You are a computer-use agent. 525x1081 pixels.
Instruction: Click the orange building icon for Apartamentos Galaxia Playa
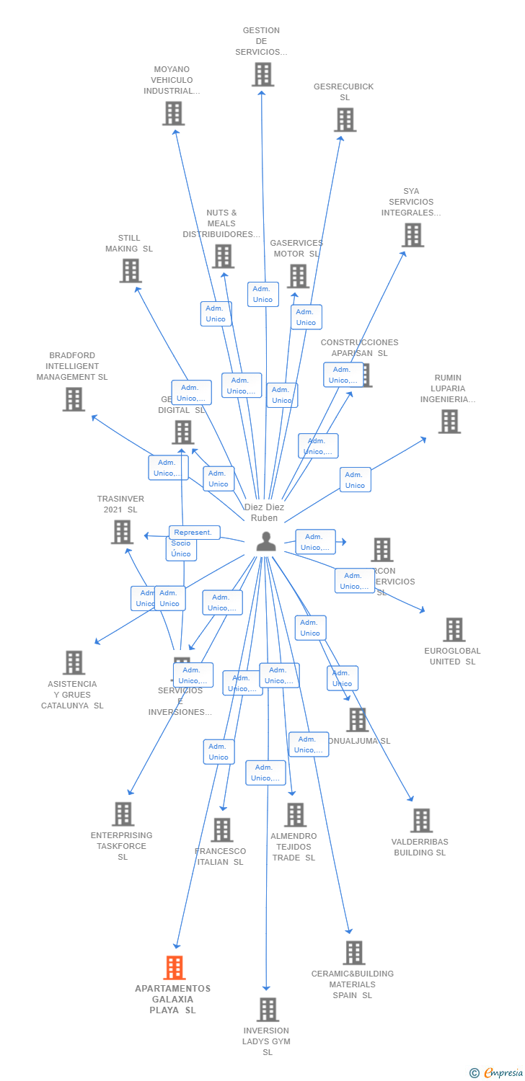(175, 968)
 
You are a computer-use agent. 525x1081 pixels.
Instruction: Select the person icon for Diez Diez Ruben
(266, 541)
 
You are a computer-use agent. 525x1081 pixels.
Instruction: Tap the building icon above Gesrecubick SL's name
(345, 120)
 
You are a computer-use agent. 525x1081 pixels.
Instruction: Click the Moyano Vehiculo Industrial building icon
(173, 113)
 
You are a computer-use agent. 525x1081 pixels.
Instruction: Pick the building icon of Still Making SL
(131, 271)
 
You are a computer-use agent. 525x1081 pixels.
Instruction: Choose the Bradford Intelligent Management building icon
(74, 399)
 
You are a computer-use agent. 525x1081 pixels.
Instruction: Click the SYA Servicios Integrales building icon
(412, 235)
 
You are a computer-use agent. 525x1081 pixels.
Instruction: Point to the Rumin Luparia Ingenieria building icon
(449, 422)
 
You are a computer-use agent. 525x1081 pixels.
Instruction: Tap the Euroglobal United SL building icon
(454, 629)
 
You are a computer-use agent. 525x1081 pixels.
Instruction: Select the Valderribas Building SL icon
(421, 820)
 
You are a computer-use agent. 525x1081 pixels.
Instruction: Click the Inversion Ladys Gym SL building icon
(268, 1010)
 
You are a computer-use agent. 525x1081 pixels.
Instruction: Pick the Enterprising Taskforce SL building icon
(123, 814)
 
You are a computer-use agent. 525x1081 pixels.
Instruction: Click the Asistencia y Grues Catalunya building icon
(74, 662)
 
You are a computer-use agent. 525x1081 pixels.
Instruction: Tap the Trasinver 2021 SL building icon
(122, 532)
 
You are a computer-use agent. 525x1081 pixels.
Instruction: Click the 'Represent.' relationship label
(193, 533)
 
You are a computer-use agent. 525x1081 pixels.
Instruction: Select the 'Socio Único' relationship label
(181, 548)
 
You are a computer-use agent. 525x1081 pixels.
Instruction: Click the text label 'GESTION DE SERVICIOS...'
(261, 41)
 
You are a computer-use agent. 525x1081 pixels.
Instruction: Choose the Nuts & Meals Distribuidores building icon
(223, 256)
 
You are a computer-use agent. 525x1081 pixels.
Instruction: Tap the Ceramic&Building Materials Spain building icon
(353, 953)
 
